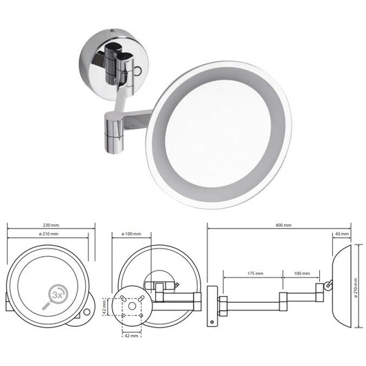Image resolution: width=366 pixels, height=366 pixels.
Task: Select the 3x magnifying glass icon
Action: coord(57,293)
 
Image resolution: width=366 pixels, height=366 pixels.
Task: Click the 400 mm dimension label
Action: coord(282,224)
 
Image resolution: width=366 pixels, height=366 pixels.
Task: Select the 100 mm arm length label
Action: coord(301,273)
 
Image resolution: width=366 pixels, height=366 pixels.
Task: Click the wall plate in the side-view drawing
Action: coord(212,303)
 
